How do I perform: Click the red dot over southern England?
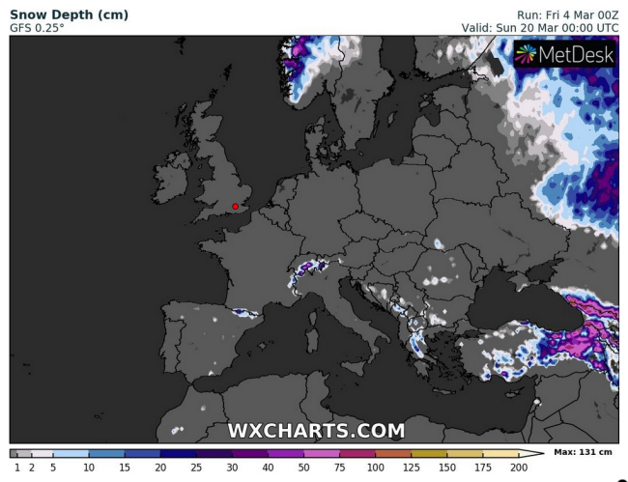(235, 206)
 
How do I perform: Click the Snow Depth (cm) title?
(69, 15)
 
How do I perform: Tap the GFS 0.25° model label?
(37, 29)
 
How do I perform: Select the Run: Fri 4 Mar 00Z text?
(567, 15)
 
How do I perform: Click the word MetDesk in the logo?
(577, 55)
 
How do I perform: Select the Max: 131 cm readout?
(585, 452)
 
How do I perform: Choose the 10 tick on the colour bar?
(89, 467)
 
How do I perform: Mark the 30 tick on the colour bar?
(232, 467)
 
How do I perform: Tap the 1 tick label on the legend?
(16, 467)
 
